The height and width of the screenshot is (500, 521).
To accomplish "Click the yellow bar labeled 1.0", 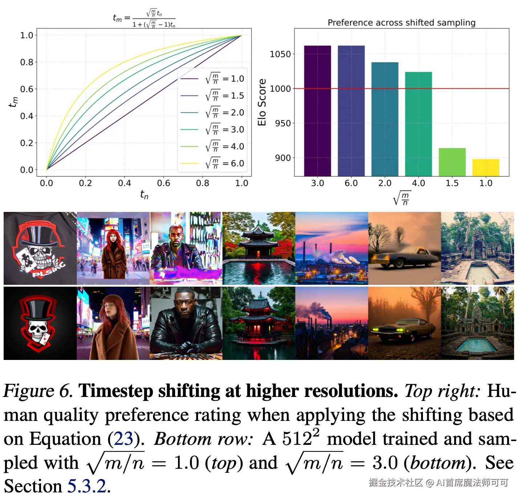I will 485,168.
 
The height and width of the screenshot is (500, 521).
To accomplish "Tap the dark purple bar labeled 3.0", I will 317,111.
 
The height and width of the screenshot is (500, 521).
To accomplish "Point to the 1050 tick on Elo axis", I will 280,54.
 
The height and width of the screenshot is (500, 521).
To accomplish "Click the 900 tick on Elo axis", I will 283,158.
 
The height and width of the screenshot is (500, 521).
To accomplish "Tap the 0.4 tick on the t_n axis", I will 124,183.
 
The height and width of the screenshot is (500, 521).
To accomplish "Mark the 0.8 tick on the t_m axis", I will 27,62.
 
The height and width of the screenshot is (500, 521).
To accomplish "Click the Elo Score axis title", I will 262,102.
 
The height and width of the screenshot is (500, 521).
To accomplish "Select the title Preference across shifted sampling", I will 401,22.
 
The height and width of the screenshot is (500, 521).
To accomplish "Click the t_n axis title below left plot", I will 144,195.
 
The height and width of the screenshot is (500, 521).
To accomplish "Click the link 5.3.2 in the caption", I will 87,486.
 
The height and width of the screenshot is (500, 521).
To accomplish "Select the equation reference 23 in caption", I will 124,439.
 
